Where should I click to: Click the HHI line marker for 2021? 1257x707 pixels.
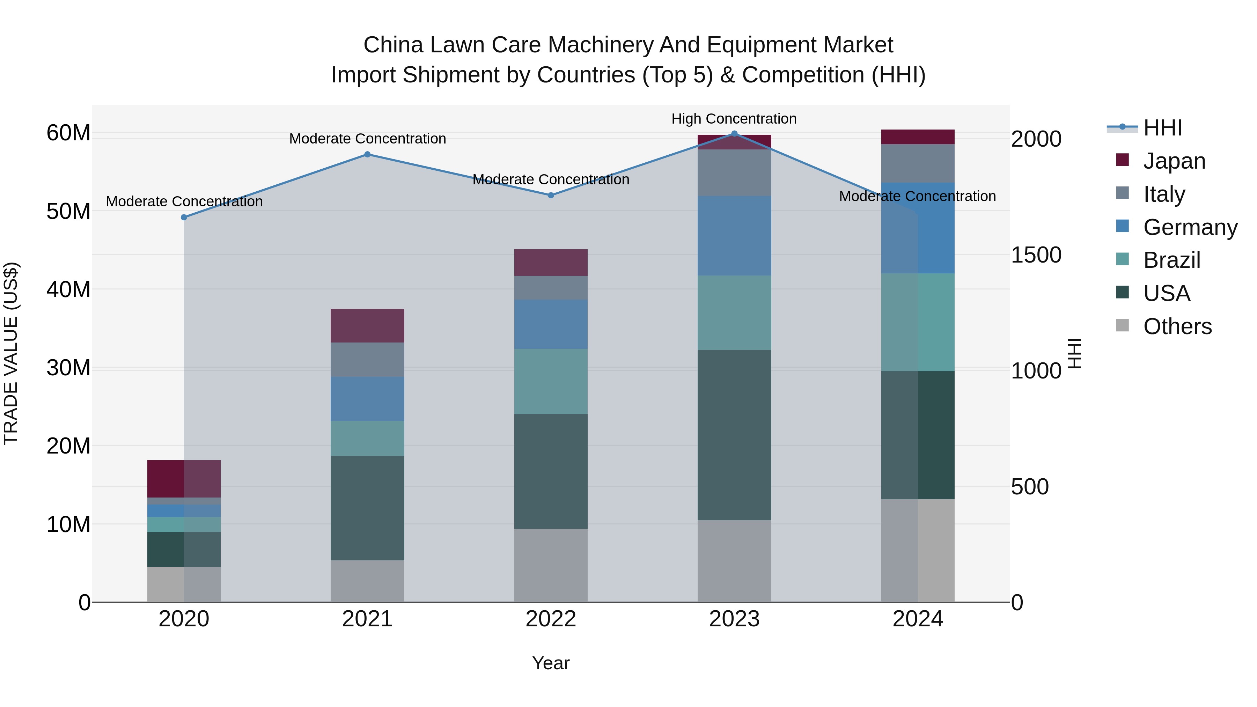click(367, 154)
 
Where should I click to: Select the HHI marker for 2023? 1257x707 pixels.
click(734, 134)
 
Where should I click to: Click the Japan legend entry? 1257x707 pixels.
click(1174, 161)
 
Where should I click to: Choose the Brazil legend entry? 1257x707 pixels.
click(1171, 260)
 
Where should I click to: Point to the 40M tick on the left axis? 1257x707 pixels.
click(68, 289)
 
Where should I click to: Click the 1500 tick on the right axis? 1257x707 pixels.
click(1036, 255)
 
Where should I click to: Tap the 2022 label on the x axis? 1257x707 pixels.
click(550, 619)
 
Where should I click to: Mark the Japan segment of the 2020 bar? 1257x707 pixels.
click(184, 478)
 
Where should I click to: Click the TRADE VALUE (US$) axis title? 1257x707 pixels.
click(11, 353)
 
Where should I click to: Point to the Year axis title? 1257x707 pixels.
click(550, 663)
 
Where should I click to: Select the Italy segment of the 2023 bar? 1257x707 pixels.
click(734, 173)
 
